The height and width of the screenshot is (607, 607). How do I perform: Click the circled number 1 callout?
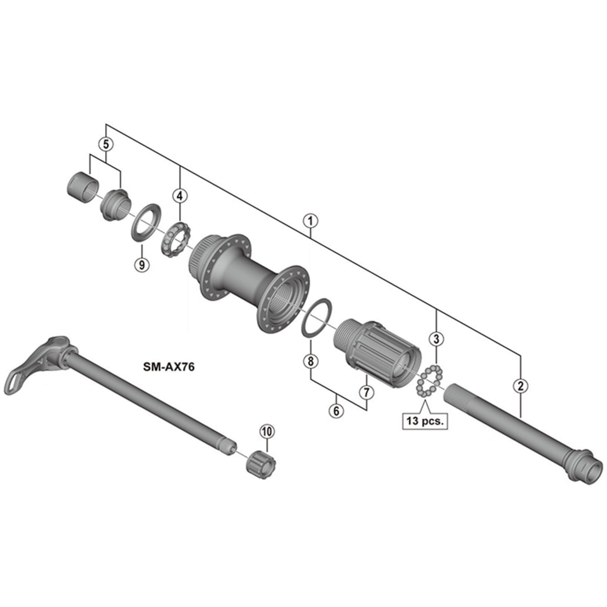pos(310,222)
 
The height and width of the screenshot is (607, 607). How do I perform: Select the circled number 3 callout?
pos(436,339)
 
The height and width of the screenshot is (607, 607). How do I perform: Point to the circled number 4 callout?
pos(180,196)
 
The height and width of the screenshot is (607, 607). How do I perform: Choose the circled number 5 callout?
pos(106,144)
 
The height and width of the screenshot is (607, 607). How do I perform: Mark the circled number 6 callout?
pos(336,411)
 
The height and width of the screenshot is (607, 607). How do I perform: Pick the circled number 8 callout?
pos(310,361)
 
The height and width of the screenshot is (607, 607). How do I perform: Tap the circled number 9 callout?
pos(142,265)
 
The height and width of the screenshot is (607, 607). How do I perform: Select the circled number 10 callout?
pos(267,432)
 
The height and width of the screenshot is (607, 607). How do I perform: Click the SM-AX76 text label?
pos(169,367)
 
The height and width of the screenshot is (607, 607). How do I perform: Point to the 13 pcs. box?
pos(425,421)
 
